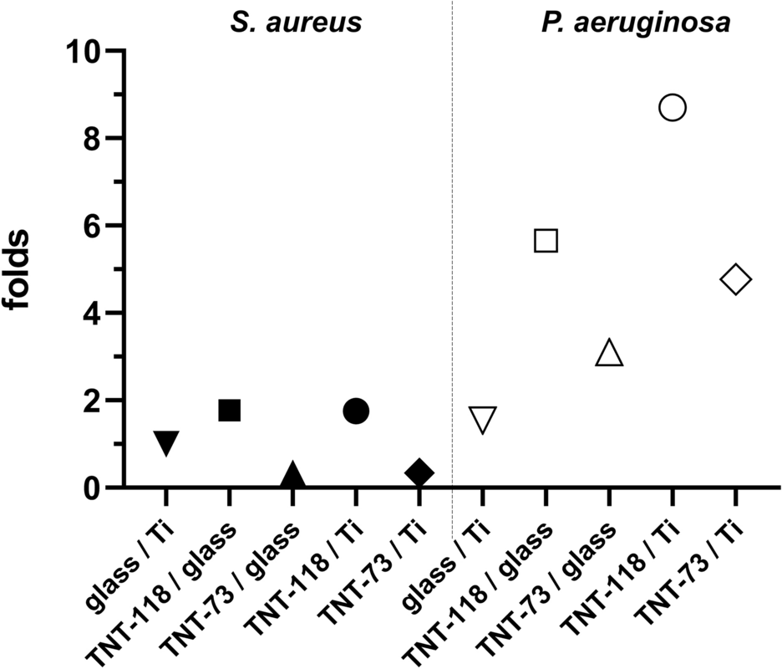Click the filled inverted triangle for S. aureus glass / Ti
pyautogui.click(x=165, y=442)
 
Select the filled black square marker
pyautogui.click(x=229, y=411)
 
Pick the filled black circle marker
pyautogui.click(x=356, y=411)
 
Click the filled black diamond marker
pyautogui.click(x=419, y=472)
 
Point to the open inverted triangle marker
pyautogui.click(x=483, y=419)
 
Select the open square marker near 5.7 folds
pyautogui.click(x=546, y=241)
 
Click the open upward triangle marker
pyautogui.click(x=609, y=354)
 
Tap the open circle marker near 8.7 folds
pyautogui.click(x=673, y=108)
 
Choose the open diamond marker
pyautogui.click(x=736, y=279)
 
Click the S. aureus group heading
pyautogui.click(x=296, y=23)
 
